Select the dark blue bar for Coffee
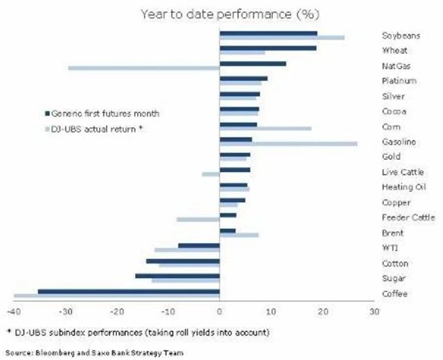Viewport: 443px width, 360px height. tap(128, 291)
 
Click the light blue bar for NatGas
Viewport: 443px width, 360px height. tap(143, 68)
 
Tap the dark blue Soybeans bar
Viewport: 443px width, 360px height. tap(268, 33)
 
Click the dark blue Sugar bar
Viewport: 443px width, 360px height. tap(177, 276)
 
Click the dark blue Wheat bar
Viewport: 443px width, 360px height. tap(267, 48)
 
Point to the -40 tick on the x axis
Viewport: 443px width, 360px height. tap(15, 312)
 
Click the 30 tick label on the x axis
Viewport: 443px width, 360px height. tap(374, 312)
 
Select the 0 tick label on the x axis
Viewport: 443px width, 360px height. tap(219, 312)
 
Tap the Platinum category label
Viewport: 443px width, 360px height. tap(398, 81)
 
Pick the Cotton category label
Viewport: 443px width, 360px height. tap(395, 264)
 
